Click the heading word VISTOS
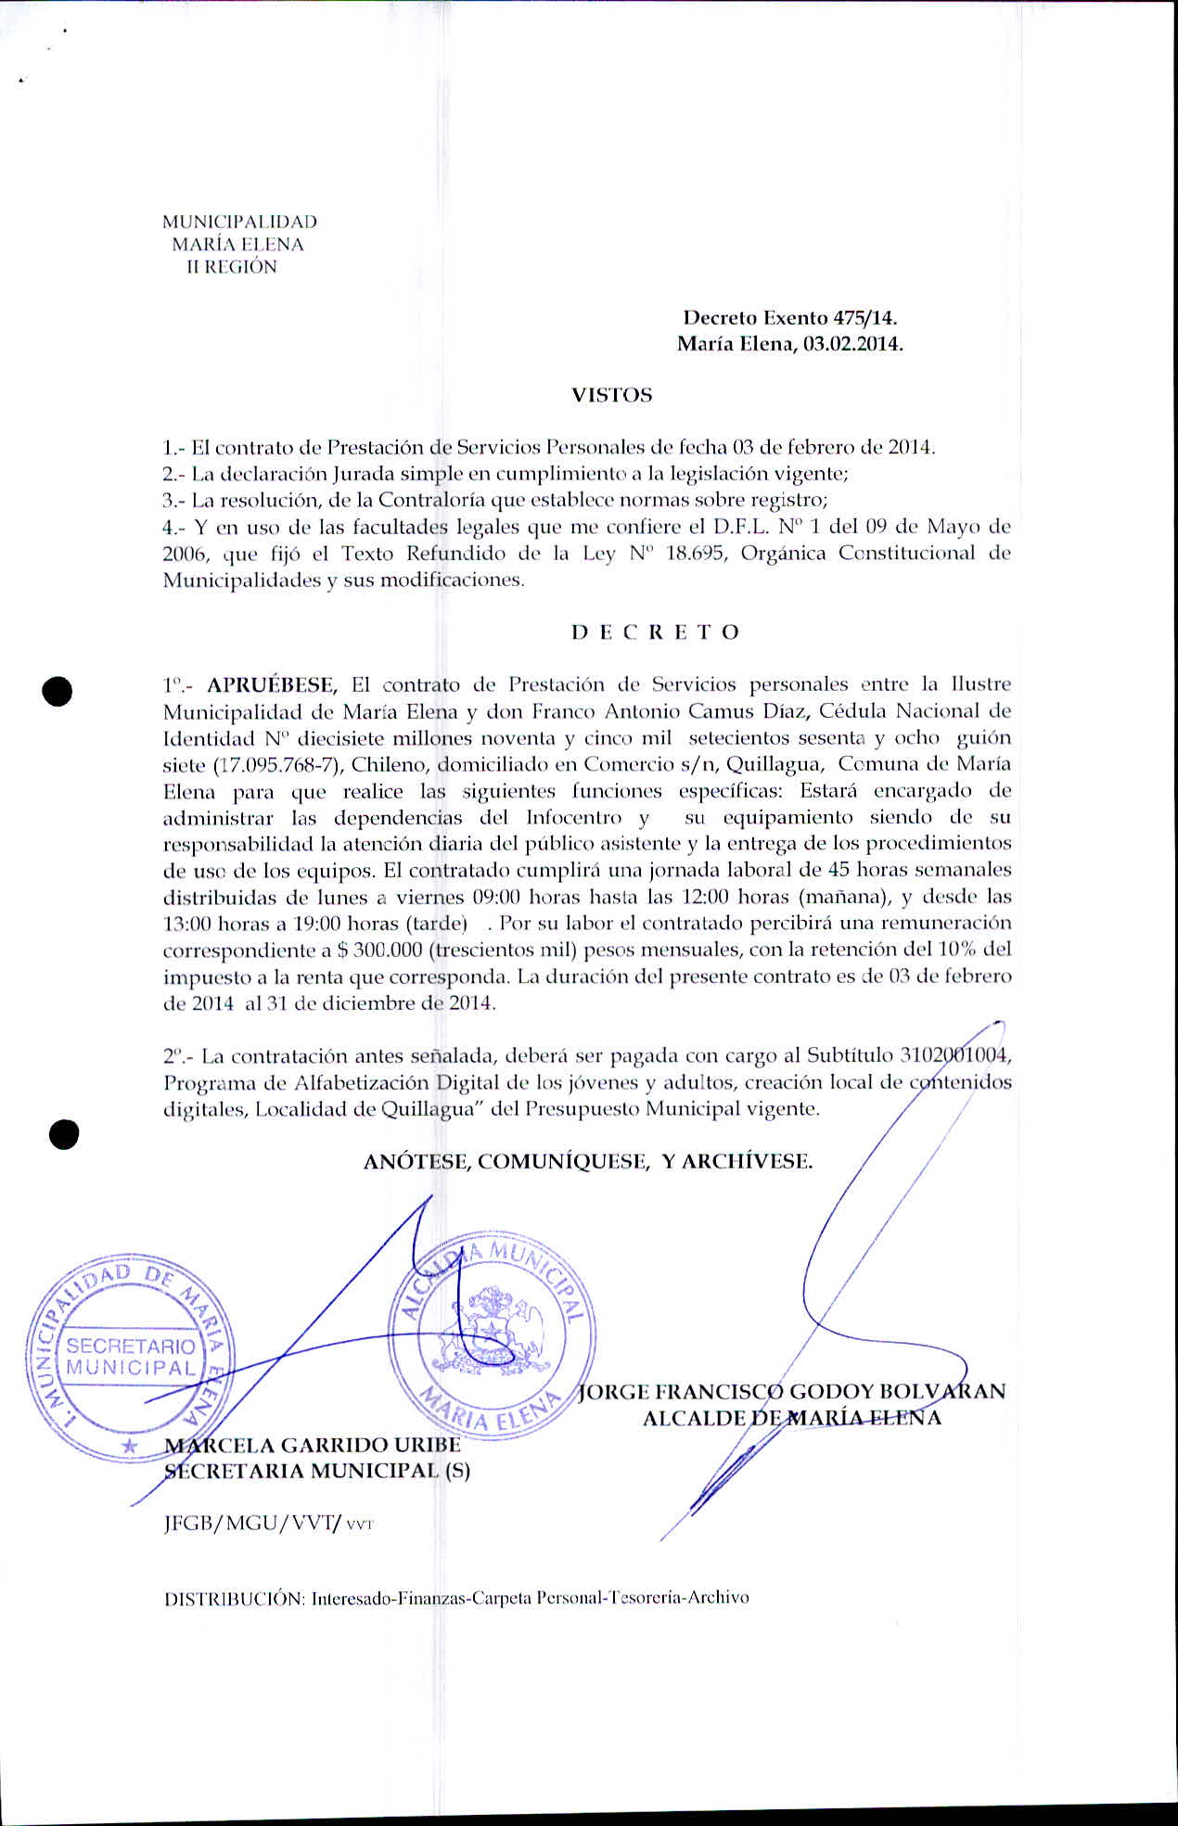pos(611,395)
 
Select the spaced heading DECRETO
pos(655,632)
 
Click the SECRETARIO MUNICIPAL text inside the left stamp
pos(131,1356)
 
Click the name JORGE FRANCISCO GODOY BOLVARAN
pos(791,1391)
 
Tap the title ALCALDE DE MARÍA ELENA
pos(791,1417)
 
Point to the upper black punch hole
pos(58,692)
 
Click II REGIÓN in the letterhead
pos(232,267)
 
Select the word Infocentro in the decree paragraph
pos(573,818)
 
